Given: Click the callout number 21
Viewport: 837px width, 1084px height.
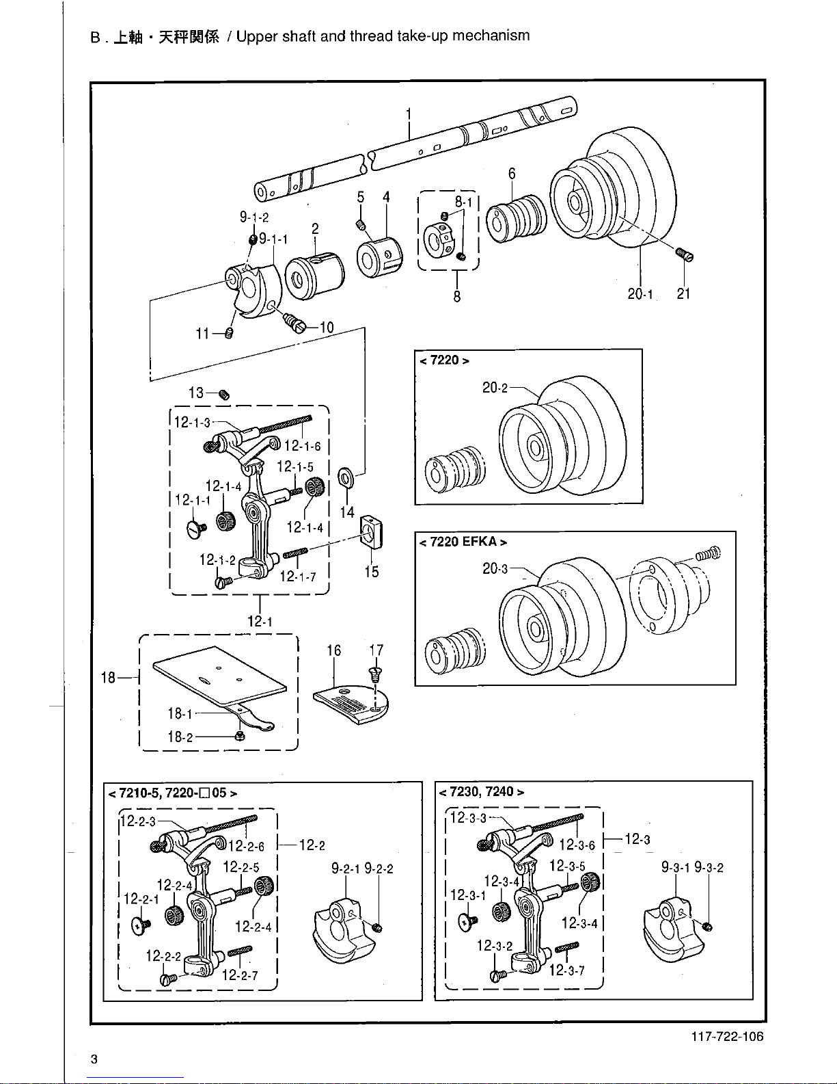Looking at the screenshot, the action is click(x=683, y=293).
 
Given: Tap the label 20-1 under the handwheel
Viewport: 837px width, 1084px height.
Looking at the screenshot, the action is click(x=640, y=294).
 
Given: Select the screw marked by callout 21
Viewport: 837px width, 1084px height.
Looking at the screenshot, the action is click(x=685, y=254).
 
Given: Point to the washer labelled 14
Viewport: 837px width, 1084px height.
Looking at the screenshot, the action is click(x=346, y=478).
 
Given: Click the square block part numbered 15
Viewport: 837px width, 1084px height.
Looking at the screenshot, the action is click(x=371, y=532).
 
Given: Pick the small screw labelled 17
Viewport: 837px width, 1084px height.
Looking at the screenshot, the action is click(x=375, y=674).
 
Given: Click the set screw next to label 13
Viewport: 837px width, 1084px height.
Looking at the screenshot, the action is click(x=225, y=395).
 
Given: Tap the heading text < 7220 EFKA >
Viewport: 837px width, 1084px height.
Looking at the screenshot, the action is click(x=463, y=542).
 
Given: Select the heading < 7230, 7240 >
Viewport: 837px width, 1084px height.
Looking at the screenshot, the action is click(x=481, y=792).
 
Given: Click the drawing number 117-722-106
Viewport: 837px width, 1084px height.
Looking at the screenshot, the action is click(x=727, y=1037).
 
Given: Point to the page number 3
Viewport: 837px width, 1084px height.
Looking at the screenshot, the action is click(x=94, y=1059).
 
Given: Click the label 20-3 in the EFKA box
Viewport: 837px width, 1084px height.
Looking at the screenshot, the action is click(x=495, y=568).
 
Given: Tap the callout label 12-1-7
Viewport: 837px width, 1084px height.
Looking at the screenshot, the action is click(x=297, y=577).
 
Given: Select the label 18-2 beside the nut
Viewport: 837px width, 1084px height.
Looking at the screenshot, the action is click(x=180, y=737).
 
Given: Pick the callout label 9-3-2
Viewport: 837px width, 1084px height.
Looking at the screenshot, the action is click(x=709, y=867).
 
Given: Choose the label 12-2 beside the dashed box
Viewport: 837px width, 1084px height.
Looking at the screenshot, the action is click(x=312, y=845).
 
